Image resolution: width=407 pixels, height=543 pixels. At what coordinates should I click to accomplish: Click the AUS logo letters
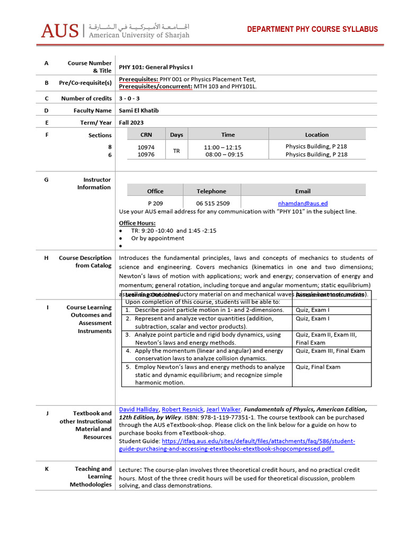click(60, 30)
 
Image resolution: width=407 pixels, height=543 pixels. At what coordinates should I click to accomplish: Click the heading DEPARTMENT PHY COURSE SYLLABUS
click(313, 29)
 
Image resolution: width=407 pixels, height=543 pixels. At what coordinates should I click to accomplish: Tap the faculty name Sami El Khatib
click(139, 110)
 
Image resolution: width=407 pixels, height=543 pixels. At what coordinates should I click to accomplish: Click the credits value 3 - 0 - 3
click(130, 98)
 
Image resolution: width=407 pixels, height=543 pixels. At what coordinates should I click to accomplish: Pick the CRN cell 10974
click(146, 147)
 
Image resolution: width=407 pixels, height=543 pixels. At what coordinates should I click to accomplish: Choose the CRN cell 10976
click(146, 155)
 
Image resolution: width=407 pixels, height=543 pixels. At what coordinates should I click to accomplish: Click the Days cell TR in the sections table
click(176, 151)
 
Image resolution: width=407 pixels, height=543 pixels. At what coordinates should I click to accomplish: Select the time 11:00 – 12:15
click(223, 147)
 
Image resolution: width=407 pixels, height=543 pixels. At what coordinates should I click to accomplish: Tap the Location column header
click(316, 135)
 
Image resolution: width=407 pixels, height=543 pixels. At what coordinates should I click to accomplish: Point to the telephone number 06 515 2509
click(213, 203)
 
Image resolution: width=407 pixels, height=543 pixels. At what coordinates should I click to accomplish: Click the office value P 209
click(155, 203)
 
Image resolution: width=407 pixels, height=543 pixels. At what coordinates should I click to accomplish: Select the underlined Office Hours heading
click(137, 223)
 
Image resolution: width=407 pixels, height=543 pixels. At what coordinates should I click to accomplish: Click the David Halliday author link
click(138, 409)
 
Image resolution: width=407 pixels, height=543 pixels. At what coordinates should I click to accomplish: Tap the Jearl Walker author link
click(220, 409)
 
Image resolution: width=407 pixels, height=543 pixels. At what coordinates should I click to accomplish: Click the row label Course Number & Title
click(90, 67)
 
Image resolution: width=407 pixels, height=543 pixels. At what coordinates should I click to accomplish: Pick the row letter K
click(47, 469)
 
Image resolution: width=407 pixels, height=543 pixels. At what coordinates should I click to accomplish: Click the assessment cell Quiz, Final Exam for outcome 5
click(318, 367)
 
